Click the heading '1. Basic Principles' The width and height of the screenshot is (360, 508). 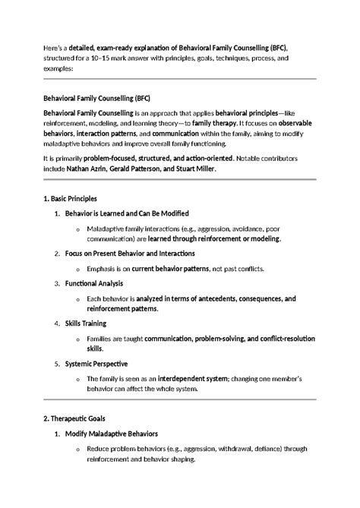click(71, 198)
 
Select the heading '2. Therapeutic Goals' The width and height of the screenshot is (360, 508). click(74, 418)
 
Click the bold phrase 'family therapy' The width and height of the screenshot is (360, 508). click(213, 122)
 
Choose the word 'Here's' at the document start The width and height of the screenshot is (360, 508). click(55, 48)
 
